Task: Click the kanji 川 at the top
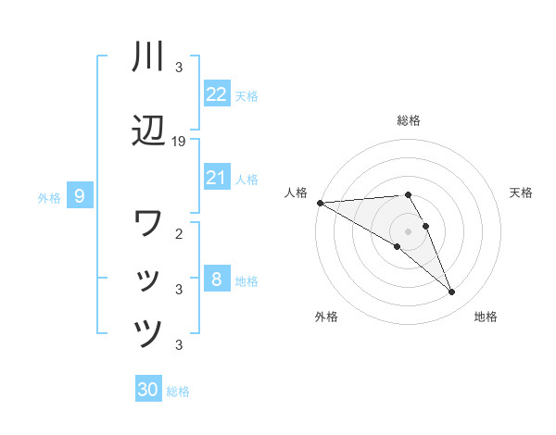(x=148, y=57)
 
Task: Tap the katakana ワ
(x=148, y=223)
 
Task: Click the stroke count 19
(x=180, y=141)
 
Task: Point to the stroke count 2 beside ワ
(x=180, y=233)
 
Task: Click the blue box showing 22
(x=217, y=94)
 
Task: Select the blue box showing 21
(x=217, y=178)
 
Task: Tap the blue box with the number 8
(x=217, y=280)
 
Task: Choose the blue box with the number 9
(x=80, y=196)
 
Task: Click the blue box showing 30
(x=148, y=390)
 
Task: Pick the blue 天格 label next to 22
(x=246, y=95)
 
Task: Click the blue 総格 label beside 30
(x=178, y=391)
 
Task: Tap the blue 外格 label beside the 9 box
(x=49, y=197)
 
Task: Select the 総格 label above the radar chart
(x=409, y=120)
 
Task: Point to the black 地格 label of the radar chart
(x=486, y=317)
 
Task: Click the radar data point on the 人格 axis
(x=320, y=203)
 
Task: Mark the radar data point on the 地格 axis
(x=452, y=292)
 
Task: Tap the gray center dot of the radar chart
(x=409, y=231)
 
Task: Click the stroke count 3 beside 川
(x=180, y=67)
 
